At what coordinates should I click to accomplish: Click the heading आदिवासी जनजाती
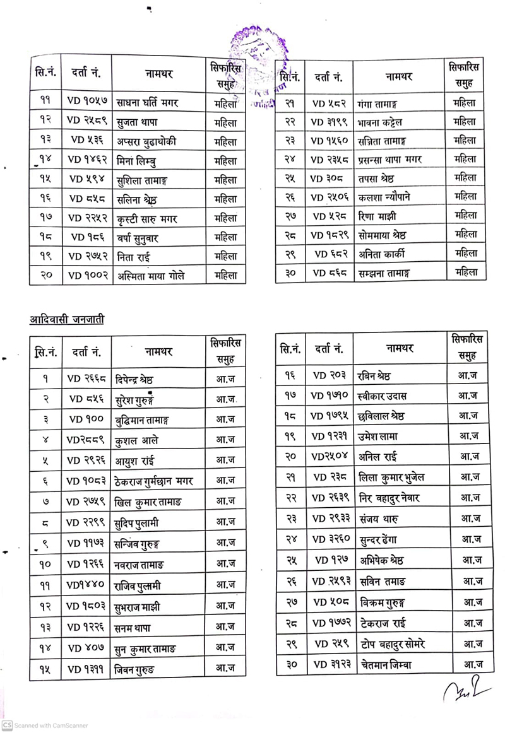click(67, 319)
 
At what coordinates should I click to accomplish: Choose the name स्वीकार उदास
click(382, 397)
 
